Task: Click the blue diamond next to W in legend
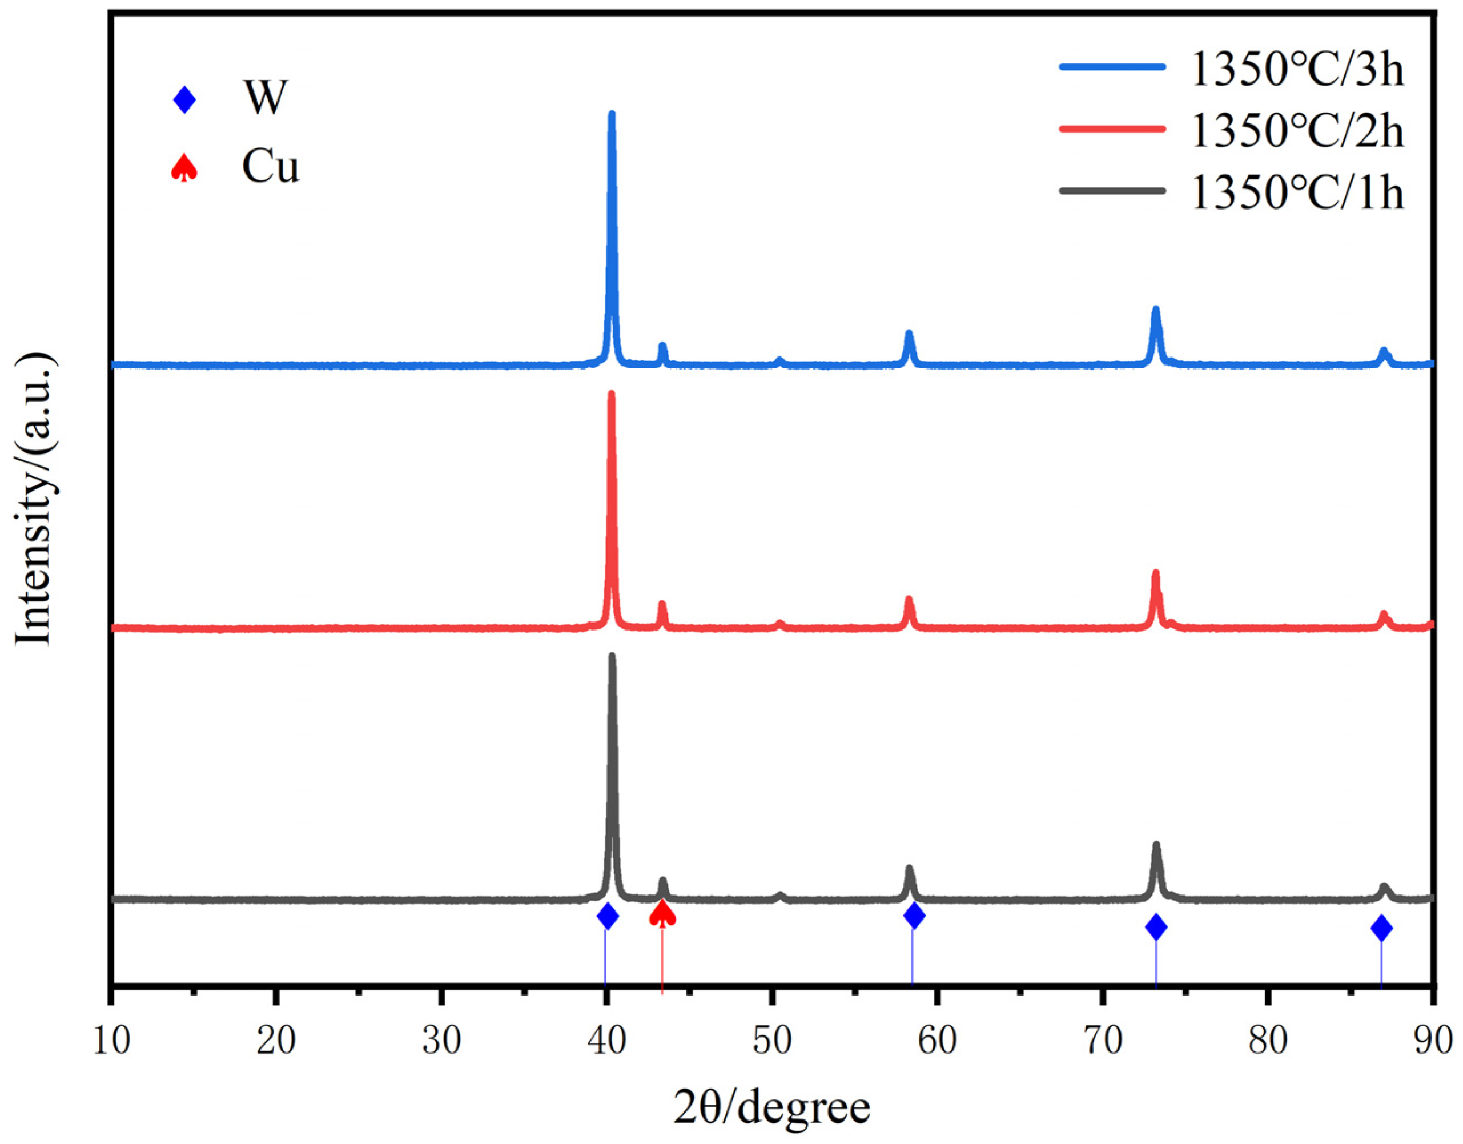(x=184, y=101)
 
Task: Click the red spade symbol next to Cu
(x=184, y=167)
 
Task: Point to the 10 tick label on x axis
(x=111, y=1041)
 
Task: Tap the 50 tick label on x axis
(x=771, y=1041)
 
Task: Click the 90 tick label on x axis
(x=1432, y=1041)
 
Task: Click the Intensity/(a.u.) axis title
(x=34, y=499)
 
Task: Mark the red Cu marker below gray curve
(x=662, y=913)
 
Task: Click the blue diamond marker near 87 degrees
(x=1381, y=928)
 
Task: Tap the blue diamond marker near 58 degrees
(x=914, y=916)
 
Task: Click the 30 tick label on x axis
(x=441, y=1041)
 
